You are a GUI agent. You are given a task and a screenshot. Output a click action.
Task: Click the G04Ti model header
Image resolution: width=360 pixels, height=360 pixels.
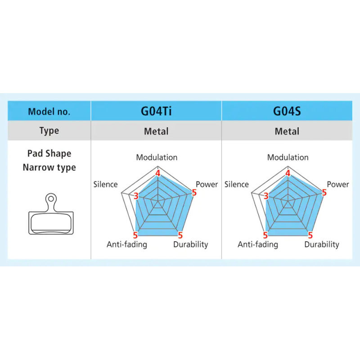pyautogui.click(x=156, y=111)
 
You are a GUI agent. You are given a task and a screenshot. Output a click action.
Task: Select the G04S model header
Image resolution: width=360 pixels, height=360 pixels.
pyautogui.click(x=287, y=111)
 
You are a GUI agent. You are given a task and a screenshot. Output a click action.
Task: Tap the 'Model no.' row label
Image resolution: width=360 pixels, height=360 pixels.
pyautogui.click(x=49, y=112)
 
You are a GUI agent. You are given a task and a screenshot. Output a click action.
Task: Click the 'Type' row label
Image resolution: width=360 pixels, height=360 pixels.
pyautogui.click(x=49, y=130)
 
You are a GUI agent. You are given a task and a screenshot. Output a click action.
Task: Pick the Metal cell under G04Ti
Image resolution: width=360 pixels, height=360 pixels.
pyautogui.click(x=156, y=131)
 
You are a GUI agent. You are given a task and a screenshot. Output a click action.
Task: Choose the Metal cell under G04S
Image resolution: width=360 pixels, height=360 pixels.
pyautogui.click(x=287, y=131)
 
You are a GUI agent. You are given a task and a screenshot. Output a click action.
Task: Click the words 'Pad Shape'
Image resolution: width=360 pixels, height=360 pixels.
pyautogui.click(x=49, y=153)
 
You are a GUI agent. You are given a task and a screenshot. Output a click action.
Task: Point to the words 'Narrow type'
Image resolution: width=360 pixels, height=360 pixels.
pyautogui.click(x=49, y=167)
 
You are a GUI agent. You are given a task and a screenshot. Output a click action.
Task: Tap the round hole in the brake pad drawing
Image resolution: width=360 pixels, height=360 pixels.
pyautogui.click(x=51, y=198)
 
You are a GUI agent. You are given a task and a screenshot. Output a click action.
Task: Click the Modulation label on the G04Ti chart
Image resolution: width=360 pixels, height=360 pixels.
pyautogui.click(x=157, y=157)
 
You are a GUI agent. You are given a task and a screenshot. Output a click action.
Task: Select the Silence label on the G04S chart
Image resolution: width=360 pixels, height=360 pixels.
pyautogui.click(x=237, y=184)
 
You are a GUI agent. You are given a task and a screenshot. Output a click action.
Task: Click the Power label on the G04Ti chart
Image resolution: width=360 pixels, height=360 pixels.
pyautogui.click(x=207, y=184)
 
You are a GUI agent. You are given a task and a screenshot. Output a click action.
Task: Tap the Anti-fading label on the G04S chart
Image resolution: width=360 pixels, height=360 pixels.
pyautogui.click(x=258, y=244)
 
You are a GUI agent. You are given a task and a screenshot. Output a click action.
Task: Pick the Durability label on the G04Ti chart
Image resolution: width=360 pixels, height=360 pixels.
pyautogui.click(x=190, y=244)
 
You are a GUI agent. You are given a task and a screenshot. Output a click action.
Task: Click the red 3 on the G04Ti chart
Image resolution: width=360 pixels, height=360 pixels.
pyautogui.click(x=136, y=196)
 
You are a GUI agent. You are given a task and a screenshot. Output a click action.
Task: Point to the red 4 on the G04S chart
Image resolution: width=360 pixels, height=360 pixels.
pyautogui.click(x=288, y=173)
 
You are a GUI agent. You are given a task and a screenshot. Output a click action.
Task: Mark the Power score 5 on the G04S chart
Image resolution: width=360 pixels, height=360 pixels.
pyautogui.click(x=324, y=193)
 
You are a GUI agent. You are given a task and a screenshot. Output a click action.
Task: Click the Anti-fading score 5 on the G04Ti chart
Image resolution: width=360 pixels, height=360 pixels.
pyautogui.click(x=135, y=235)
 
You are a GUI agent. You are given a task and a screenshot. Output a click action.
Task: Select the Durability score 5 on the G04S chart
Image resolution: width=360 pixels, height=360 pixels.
pyautogui.click(x=310, y=235)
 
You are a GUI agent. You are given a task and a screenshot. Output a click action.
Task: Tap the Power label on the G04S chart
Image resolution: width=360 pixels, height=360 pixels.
pyautogui.click(x=338, y=184)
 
